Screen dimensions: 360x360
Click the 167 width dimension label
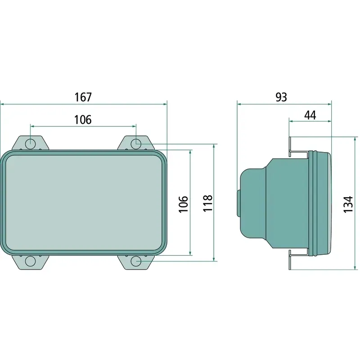pos(83,97)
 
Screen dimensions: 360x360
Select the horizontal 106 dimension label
pos(83,120)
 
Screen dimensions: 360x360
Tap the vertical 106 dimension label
pos(184,204)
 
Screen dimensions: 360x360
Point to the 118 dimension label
pos(208,203)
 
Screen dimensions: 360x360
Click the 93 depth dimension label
pos(281,97)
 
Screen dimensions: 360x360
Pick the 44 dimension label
pos(310,115)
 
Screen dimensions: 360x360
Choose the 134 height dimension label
pos(348,204)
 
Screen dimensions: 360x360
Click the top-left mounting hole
pos(31,144)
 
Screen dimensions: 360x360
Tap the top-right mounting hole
pos(136,144)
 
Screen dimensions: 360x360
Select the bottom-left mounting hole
pos(30,261)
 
